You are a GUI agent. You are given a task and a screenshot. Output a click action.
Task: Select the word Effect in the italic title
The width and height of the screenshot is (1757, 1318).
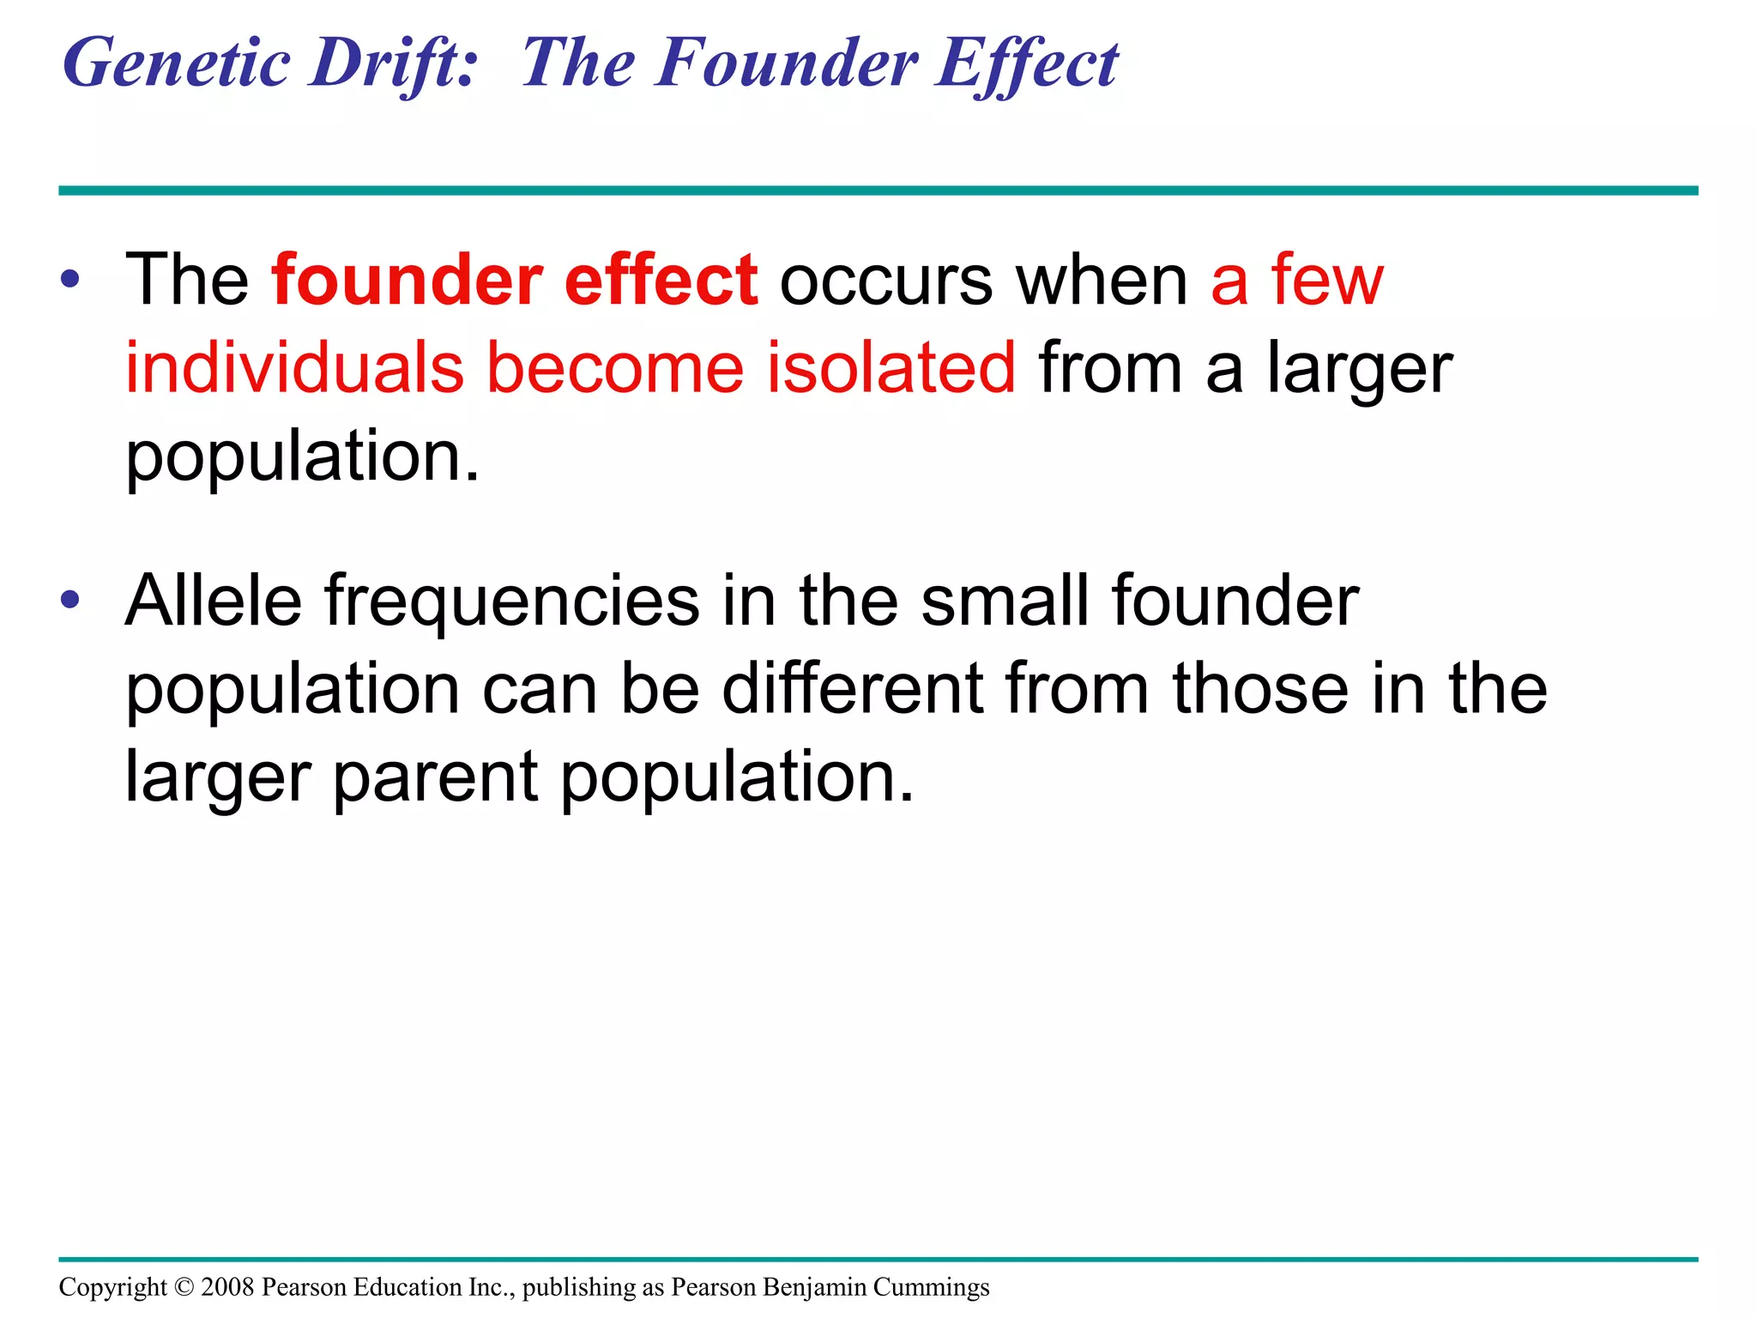[x=1026, y=64]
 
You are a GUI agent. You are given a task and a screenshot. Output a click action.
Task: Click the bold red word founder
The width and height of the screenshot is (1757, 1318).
[x=407, y=281]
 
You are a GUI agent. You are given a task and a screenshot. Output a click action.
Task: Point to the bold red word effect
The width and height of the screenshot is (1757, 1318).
[x=661, y=281]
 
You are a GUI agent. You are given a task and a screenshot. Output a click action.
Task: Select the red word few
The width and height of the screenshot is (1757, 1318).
[x=1327, y=281]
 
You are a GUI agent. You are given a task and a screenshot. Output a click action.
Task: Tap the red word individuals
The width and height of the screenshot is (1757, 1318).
[x=294, y=368]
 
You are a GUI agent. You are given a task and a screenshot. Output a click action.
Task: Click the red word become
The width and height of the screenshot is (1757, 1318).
[x=614, y=368]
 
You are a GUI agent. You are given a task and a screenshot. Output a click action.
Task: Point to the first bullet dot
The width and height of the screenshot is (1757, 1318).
[x=70, y=280]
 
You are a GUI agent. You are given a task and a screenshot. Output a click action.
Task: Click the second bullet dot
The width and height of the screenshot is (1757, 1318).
[x=70, y=600]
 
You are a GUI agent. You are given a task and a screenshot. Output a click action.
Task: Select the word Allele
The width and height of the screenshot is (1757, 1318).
[x=213, y=601]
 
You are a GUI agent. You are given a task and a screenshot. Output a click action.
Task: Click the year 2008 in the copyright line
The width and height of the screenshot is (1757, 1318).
[x=227, y=1287]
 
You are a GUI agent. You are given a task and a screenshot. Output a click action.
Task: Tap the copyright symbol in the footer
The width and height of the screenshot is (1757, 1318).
[x=184, y=1287]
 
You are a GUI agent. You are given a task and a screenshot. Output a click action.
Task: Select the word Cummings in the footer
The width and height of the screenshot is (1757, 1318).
[x=931, y=1288]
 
